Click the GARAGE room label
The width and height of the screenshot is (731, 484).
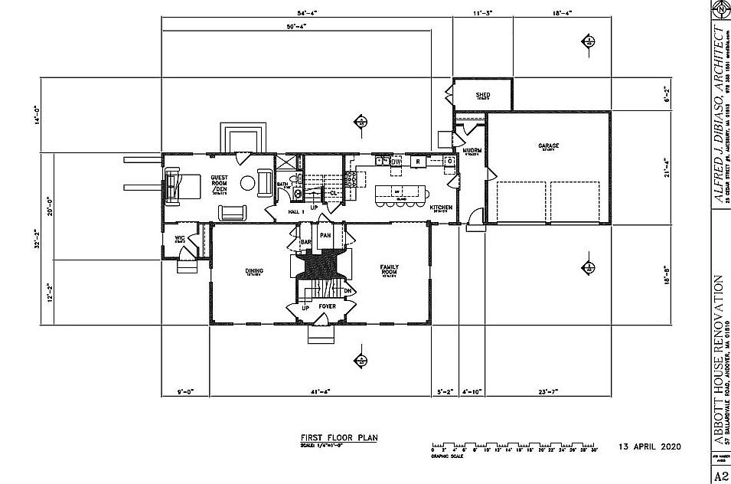point(548,145)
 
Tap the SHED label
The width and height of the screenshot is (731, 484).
point(483,95)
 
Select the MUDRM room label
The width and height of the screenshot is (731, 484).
point(472,151)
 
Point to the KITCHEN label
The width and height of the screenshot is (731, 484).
point(441,208)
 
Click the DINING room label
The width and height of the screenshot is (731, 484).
point(254,270)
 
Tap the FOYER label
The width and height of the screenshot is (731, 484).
point(328,306)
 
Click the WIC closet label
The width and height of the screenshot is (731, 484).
point(180,238)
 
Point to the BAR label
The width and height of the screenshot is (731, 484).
point(305,241)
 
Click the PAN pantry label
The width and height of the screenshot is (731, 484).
point(325,235)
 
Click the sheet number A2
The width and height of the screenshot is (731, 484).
point(721,476)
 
